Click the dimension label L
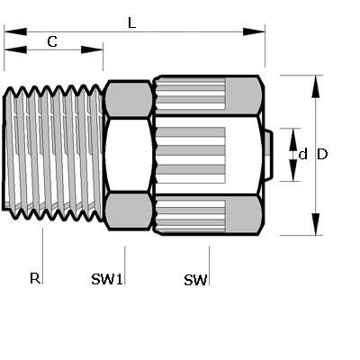pos(131,22)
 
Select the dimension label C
pos(52,41)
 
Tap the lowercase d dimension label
pos(303,154)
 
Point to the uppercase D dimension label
pos(322,154)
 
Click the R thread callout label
pos(35,278)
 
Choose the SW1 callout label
pos(107,279)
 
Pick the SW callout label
pos(195,280)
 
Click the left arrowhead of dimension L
pos(15,31)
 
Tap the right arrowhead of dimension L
pos(254,31)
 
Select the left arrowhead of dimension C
pos(15,49)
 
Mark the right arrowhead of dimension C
pos(92,49)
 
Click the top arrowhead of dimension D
pos(315,86)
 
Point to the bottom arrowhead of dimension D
pos(315,224)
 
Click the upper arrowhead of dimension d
pos(293,139)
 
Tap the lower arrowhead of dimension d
pos(293,170)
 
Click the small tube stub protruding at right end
pos(269,155)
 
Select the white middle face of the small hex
pos(129,155)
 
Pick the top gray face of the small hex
pos(129,99)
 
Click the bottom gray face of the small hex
pos(129,211)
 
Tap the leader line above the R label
pos(42,256)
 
